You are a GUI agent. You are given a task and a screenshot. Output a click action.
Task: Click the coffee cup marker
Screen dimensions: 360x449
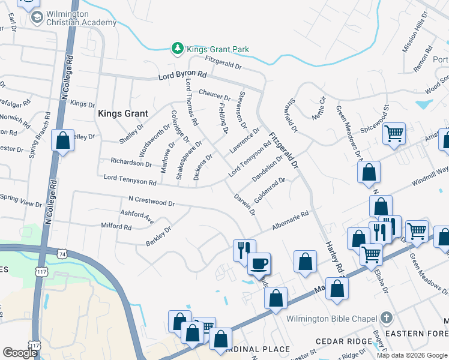click(259, 263)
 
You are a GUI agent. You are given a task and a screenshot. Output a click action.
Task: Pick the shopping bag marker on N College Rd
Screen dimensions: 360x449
click(63, 141)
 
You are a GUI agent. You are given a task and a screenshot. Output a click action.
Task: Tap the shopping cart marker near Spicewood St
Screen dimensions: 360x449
click(394, 133)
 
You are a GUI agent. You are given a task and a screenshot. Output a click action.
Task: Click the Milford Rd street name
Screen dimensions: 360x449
click(116, 226)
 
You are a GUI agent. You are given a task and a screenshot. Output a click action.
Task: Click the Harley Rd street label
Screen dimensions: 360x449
click(333, 251)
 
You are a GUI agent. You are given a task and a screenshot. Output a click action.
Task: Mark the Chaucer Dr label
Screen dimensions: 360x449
click(214, 94)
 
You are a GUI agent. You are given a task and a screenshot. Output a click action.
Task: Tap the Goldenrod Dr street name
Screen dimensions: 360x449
click(268, 189)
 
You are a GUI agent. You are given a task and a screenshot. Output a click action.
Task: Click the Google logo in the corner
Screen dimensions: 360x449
click(20, 353)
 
